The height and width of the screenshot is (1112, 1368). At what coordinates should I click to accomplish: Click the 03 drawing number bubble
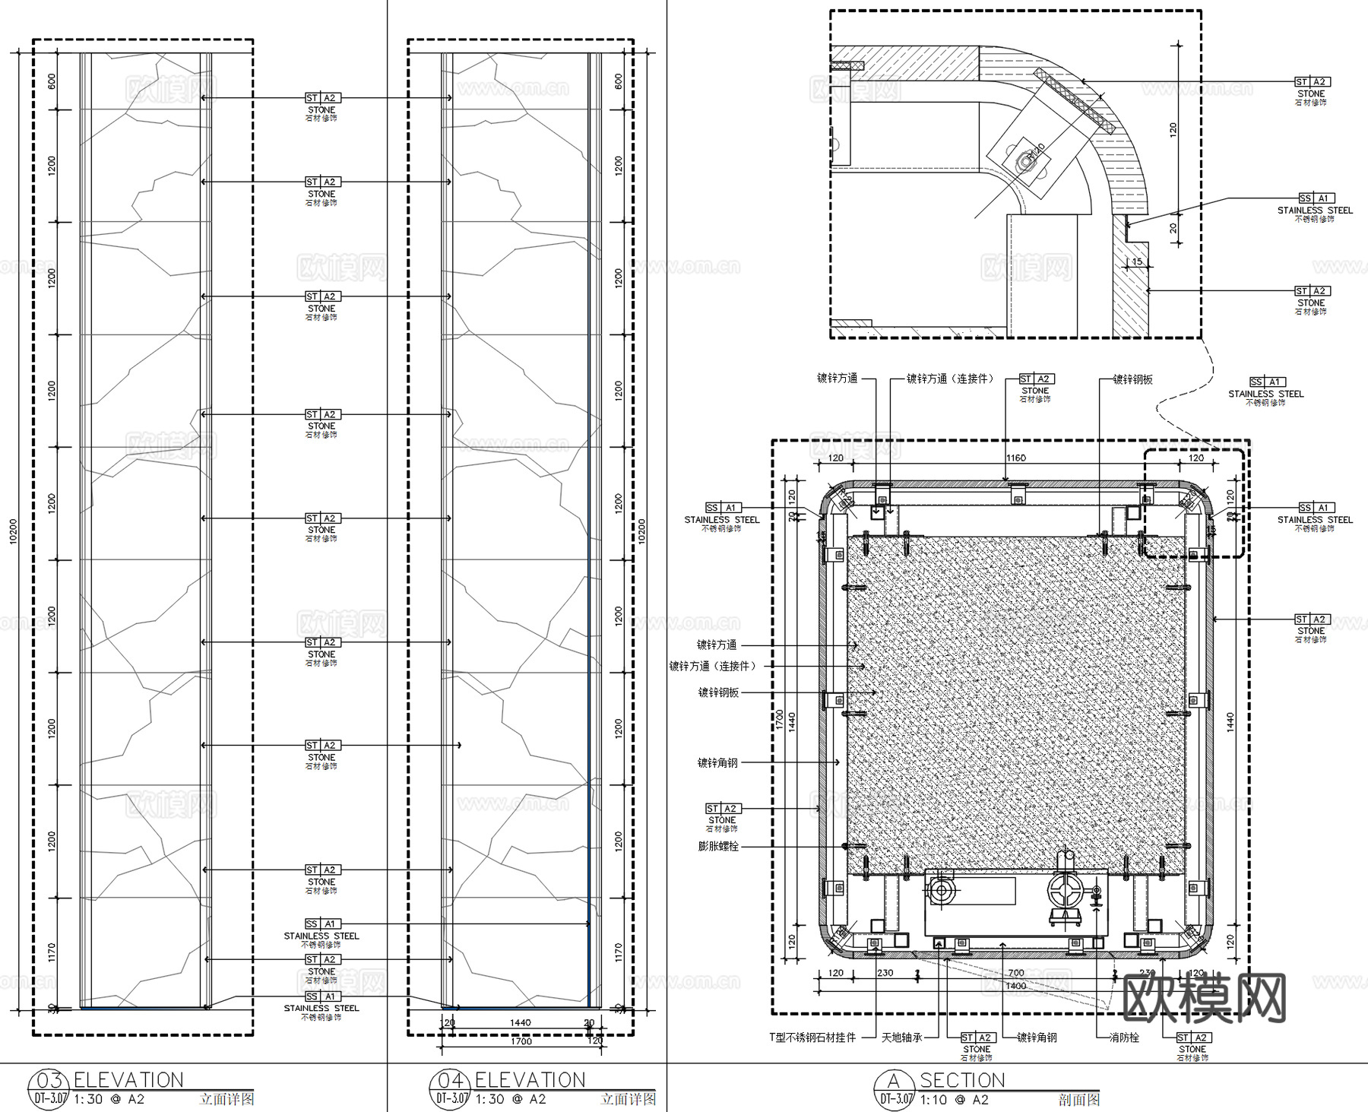49,1081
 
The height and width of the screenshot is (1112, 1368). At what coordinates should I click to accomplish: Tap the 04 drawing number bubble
450,1081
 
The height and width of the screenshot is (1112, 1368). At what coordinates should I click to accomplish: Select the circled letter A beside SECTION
894,1081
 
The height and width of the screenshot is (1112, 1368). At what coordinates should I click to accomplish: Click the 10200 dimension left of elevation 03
13,531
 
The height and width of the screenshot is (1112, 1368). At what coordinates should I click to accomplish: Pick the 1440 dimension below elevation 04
521,1023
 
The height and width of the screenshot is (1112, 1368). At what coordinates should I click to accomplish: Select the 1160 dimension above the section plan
1015,458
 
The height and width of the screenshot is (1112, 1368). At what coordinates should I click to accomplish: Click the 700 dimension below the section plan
1015,973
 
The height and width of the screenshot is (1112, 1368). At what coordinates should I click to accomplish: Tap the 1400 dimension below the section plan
1015,986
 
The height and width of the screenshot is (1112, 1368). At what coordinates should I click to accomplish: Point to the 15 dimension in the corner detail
1137,262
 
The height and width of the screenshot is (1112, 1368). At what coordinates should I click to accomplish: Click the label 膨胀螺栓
718,846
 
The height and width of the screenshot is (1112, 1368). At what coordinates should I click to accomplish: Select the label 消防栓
1123,1038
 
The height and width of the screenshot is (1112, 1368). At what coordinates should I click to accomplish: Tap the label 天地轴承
902,1038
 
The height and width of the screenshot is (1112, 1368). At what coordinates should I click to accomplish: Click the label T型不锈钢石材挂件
812,1038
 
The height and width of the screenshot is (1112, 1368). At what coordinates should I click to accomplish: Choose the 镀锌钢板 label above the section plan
1132,379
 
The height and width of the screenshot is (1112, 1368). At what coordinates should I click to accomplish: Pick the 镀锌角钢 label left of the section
717,762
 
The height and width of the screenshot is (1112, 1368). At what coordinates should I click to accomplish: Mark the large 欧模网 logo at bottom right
1204,997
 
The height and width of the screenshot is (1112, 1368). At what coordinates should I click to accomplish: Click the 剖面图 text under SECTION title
1078,1100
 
